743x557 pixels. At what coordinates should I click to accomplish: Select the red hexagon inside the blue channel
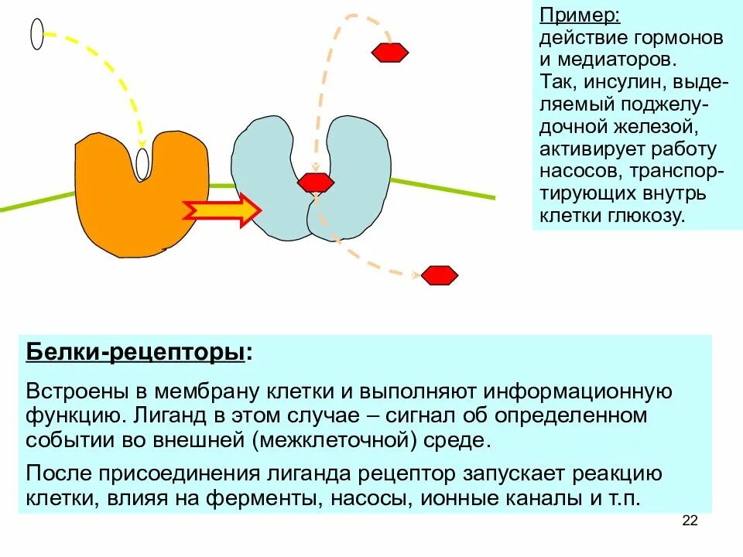coord(316,183)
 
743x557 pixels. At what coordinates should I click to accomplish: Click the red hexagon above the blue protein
coord(390,53)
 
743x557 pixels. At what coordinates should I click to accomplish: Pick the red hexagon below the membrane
coord(440,275)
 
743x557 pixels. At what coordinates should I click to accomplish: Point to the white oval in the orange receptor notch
coord(142,163)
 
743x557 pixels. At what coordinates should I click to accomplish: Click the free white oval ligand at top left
coord(37,34)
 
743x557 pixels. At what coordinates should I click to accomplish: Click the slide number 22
coord(690,521)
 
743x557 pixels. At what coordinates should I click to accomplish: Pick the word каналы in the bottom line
coord(526,497)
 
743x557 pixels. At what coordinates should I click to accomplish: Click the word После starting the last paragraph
coord(59,473)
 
